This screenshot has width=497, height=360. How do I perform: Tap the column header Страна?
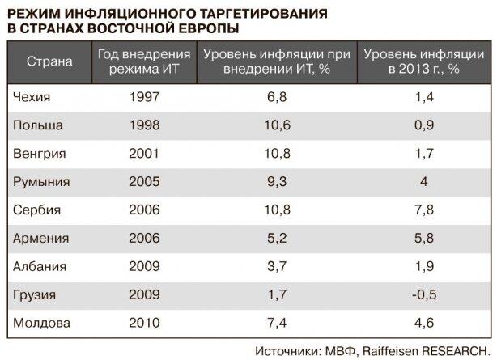49,61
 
